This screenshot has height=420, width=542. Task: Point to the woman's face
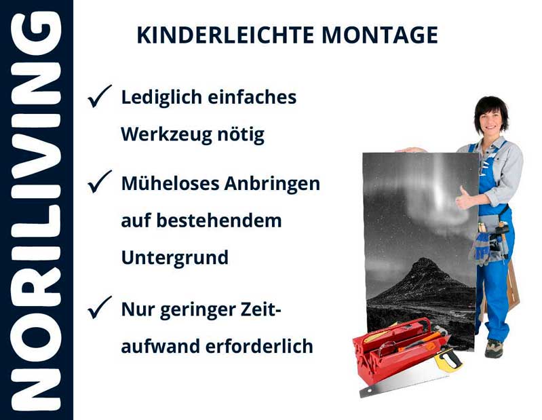point(490,119)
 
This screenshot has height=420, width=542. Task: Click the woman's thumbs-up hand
point(465,197)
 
